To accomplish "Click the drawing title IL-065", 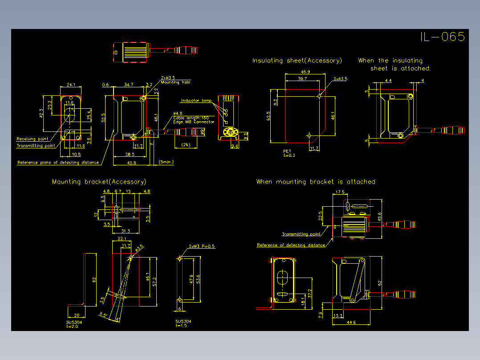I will [442, 37].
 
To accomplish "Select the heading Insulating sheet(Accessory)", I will [297, 61].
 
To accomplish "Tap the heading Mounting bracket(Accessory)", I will [99, 182].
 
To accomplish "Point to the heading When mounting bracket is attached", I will [316, 182].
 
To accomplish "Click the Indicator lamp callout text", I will [196, 101].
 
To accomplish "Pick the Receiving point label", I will [32, 139].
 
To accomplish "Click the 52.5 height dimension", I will [103, 118].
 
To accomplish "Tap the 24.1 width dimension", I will [71, 85].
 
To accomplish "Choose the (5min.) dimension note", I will [166, 162].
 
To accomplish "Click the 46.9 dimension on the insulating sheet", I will [305, 72].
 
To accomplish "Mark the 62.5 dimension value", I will [268, 116].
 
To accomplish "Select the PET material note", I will [287, 151].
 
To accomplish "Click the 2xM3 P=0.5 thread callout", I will [202, 246].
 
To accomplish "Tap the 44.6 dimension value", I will [351, 322].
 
